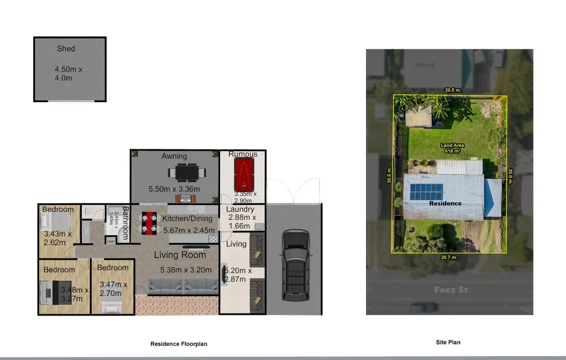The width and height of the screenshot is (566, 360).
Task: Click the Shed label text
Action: [66, 49]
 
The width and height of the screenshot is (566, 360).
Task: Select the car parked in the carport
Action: [294, 265]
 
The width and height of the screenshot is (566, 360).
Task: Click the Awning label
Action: [174, 156]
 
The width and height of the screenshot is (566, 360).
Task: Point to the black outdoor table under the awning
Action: [186, 172]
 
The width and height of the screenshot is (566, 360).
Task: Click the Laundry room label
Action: [240, 209]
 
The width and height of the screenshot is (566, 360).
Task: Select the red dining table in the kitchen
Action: [150, 223]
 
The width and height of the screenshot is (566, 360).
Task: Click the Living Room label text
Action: [180, 255]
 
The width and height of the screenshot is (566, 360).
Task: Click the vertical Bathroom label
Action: [125, 222]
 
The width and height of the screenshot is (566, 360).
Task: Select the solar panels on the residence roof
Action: [426, 191]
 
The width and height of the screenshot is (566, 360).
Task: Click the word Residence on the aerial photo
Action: [445, 203]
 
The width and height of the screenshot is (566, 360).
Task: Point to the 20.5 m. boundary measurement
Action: [453, 90]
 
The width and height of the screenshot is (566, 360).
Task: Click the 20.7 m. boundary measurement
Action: [449, 258]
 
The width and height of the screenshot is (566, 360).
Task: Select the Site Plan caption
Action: [448, 342]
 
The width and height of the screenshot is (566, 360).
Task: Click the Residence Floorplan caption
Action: [178, 344]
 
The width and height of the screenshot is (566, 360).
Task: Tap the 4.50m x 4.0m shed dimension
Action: [68, 74]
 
